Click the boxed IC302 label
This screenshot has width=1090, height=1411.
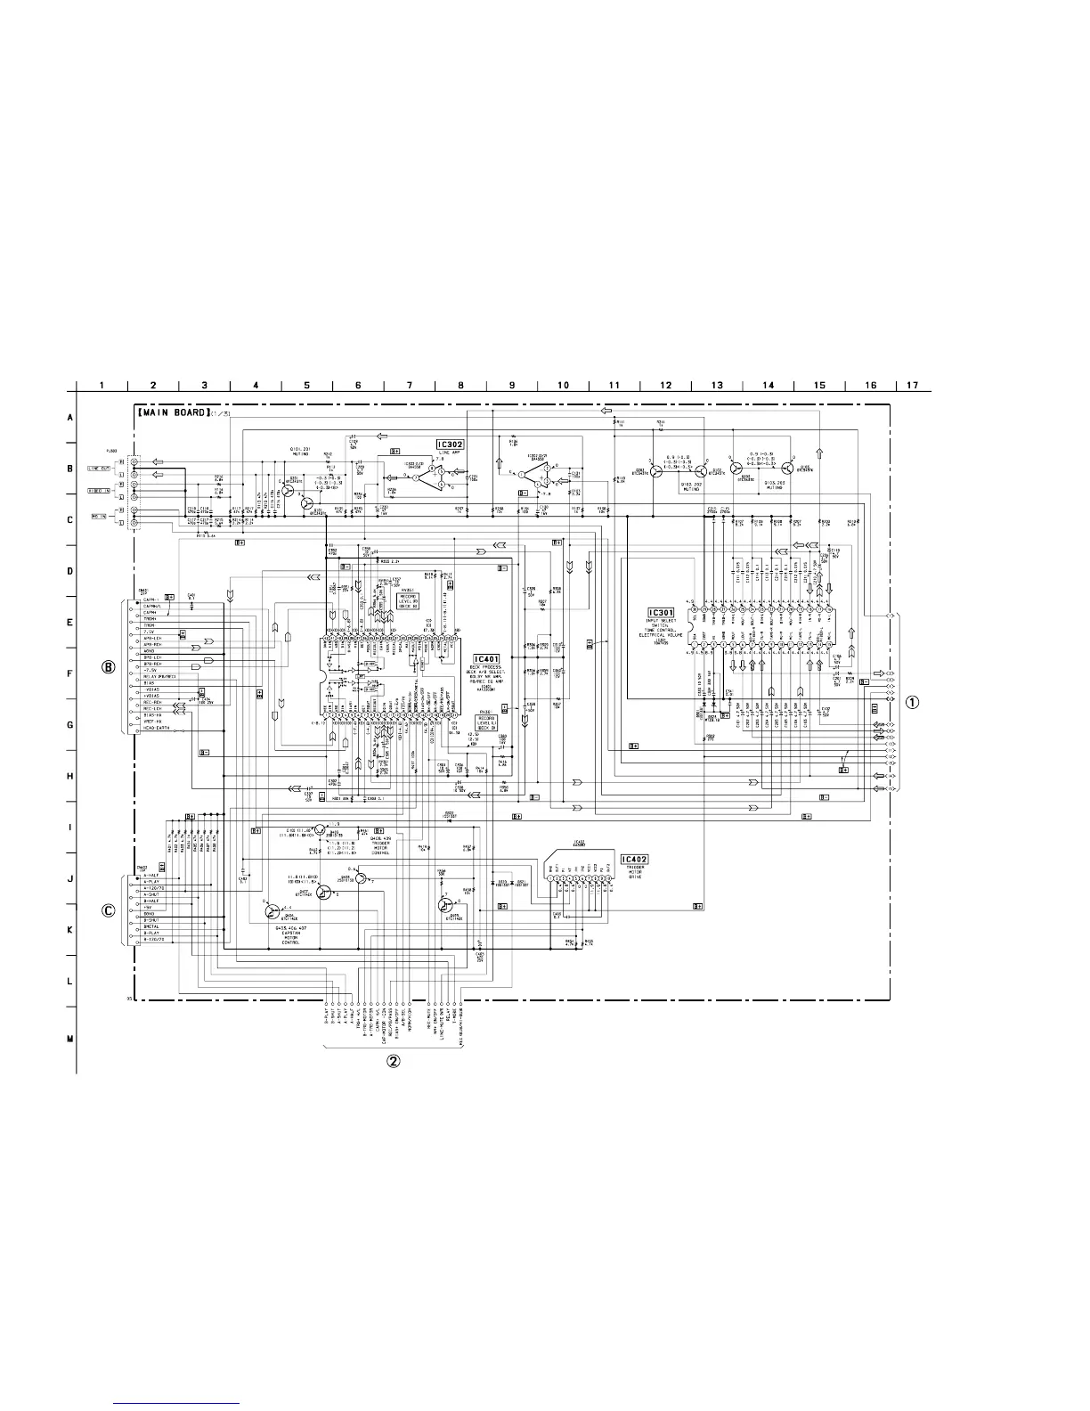tap(451, 444)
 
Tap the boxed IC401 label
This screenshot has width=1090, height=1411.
tap(491, 659)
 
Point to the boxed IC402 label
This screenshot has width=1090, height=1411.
tap(635, 860)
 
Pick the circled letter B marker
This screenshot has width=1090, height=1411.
tap(109, 666)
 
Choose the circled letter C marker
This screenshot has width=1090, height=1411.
tap(109, 910)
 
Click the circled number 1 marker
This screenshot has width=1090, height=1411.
tap(912, 701)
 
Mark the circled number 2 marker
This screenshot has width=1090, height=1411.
tap(393, 1061)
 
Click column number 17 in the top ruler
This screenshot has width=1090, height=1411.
tap(911, 386)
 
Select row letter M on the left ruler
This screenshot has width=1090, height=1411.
tap(70, 1038)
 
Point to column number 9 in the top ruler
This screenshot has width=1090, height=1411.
tap(512, 386)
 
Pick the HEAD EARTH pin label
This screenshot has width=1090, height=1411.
tap(157, 730)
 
